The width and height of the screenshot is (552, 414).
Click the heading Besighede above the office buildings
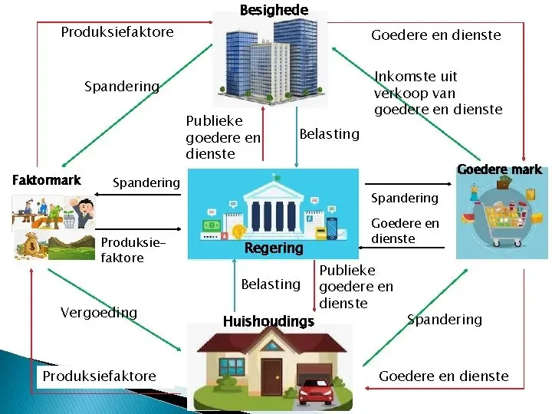click(x=274, y=10)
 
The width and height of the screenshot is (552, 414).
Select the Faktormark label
click(x=47, y=180)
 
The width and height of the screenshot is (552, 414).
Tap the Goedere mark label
click(x=499, y=169)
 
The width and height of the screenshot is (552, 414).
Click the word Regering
click(x=274, y=248)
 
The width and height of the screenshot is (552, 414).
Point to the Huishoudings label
click(x=268, y=321)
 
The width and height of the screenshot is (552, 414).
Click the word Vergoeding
click(x=98, y=312)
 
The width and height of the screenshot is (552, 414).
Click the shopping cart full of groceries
click(x=502, y=219)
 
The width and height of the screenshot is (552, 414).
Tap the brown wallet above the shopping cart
click(x=504, y=183)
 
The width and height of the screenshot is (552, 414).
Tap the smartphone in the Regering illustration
click(x=332, y=228)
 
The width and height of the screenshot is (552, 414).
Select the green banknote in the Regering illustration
click(x=211, y=226)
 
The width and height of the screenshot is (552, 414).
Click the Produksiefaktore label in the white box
click(x=99, y=376)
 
